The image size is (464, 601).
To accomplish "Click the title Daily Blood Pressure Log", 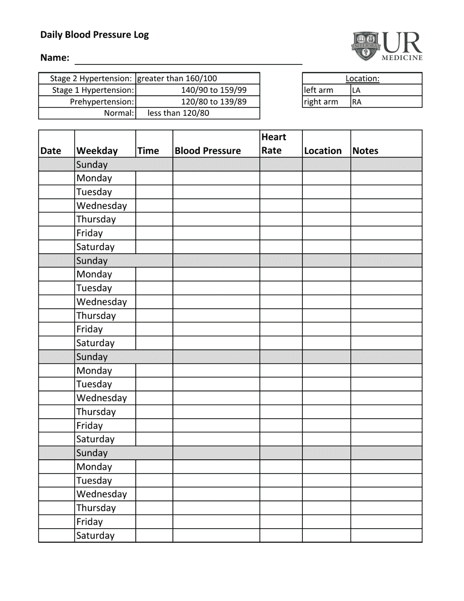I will tap(94, 35).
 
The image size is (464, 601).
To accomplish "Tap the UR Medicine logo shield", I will tap(366, 46).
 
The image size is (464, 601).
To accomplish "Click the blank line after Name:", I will tap(188, 60).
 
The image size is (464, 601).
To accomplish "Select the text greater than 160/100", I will tap(177, 78).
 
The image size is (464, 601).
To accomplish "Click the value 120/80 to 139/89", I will tap(213, 102).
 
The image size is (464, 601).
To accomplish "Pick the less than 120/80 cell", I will tap(178, 113).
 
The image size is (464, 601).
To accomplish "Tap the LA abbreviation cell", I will tap(357, 90).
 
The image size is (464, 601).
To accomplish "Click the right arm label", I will tap(320, 102).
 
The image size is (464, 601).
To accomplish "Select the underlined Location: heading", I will tap(362, 78).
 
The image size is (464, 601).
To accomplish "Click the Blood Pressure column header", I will tap(208, 150).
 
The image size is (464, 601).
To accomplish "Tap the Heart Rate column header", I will tap(274, 144).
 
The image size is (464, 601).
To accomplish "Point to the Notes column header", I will tap(365, 150).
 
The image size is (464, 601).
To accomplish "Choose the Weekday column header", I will tap(97, 150).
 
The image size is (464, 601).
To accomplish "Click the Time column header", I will tap(148, 150).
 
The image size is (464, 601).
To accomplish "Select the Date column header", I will tap(51, 150).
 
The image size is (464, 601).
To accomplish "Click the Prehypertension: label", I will tap(102, 102).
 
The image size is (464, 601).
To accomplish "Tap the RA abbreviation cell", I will tap(357, 102).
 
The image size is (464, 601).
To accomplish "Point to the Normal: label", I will tap(119, 113).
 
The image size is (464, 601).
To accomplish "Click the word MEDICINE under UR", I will tap(402, 58).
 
